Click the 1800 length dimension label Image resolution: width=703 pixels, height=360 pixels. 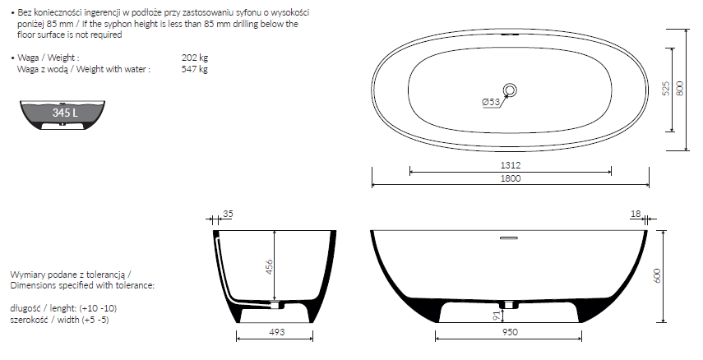click(511, 178)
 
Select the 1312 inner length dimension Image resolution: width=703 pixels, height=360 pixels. click(511, 165)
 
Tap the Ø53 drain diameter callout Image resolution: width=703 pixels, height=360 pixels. click(491, 102)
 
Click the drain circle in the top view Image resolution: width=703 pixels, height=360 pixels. click(511, 90)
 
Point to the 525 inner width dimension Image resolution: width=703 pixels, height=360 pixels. click(666, 88)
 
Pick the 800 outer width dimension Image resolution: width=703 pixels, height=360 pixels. click(680, 88)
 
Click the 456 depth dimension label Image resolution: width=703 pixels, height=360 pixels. click(269, 267)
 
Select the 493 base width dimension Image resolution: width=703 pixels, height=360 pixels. click(276, 332)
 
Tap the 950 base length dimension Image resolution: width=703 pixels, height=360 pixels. click(511, 332)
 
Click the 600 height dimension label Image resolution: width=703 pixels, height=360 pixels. click(658, 275)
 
